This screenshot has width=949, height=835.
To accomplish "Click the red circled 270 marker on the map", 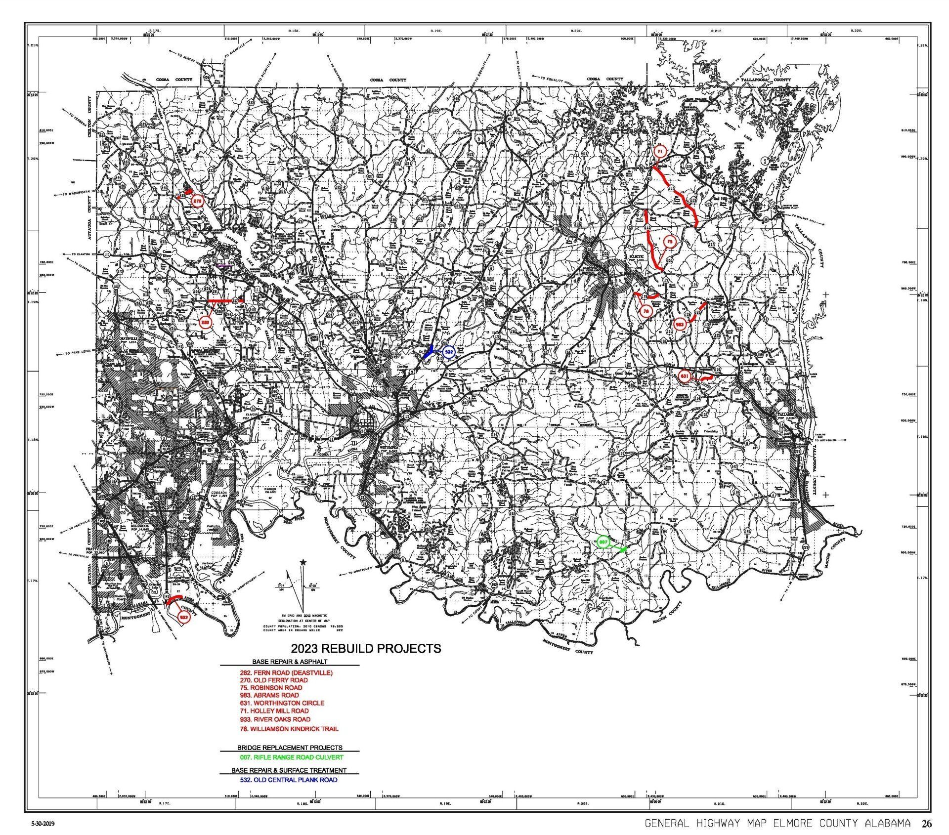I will point(197,201).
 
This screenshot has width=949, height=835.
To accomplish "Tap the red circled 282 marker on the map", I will point(206,322).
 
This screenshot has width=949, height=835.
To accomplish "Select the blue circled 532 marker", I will point(448,352).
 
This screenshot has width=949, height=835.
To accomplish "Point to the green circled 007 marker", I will point(603,542).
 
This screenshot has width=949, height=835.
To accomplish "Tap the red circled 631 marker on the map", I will point(685,376).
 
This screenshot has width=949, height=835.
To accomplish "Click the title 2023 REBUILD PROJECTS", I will point(366,648).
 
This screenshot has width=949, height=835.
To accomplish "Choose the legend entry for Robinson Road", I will point(270,687).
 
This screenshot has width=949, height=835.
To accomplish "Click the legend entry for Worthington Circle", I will point(281,703).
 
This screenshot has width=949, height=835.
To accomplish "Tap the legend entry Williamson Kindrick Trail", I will point(289,728).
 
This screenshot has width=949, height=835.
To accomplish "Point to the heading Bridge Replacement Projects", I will point(290,748).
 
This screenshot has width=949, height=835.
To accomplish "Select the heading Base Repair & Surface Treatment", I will point(289,770).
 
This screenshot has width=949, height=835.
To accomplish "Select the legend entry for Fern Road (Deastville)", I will point(286,672).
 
